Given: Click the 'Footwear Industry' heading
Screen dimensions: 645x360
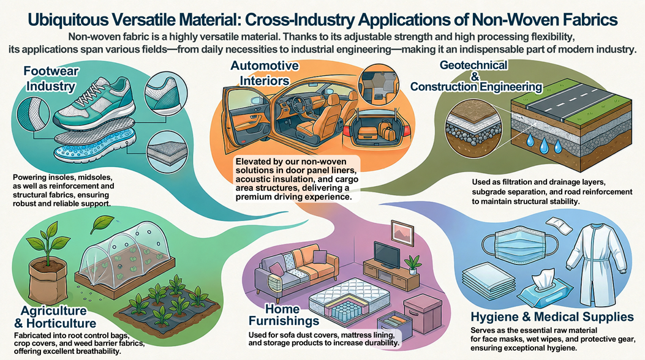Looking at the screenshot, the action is click(51, 78).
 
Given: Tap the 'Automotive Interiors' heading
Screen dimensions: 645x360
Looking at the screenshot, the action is click(265, 73).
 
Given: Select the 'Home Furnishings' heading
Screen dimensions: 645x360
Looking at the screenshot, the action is click(284, 314).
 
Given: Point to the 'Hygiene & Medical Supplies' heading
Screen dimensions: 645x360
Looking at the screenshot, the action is click(552, 317).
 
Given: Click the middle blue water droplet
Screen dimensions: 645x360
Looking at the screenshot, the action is click(544, 145).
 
